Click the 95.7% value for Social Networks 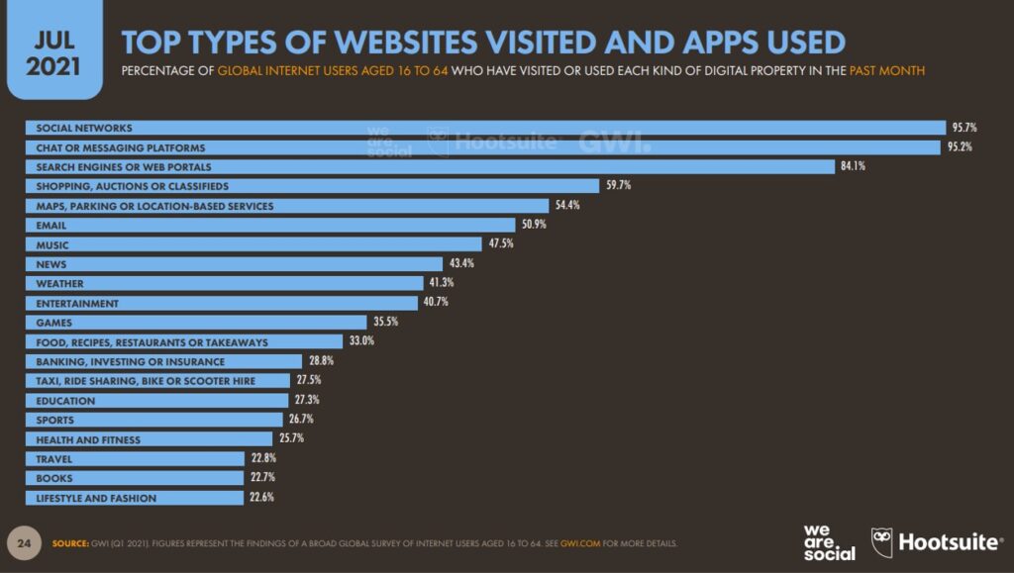[x=964, y=128]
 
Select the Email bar [x=270, y=225]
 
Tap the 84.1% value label [x=853, y=166]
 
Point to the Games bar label [x=53, y=323]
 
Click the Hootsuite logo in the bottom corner [x=937, y=541]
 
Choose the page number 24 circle [x=24, y=543]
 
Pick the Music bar [x=253, y=244]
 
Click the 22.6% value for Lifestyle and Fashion [x=261, y=497]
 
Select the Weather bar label [x=59, y=284]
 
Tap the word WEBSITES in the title [x=407, y=43]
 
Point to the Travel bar [x=135, y=458]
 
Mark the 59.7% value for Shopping [x=618, y=185]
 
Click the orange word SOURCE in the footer [x=70, y=543]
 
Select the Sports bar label [x=55, y=420]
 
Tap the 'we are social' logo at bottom [x=829, y=542]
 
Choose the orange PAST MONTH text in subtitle [x=886, y=70]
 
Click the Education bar [x=157, y=401]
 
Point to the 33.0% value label [x=361, y=340]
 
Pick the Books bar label [x=54, y=479]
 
